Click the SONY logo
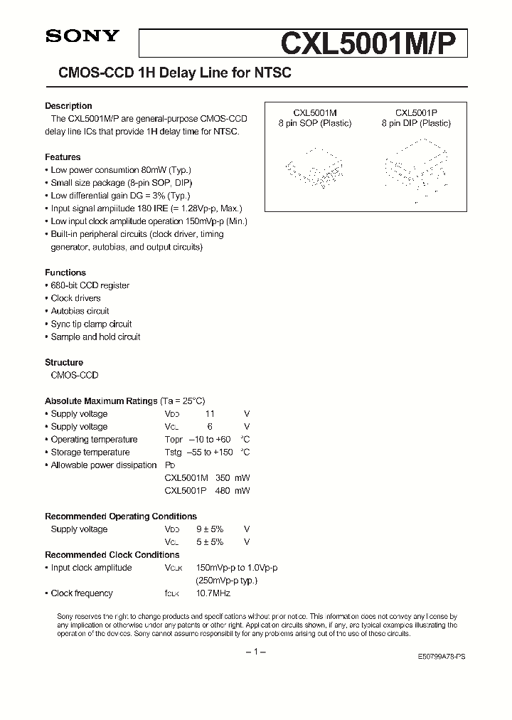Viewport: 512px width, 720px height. [82, 37]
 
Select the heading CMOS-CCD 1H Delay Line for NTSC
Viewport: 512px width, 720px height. [169, 73]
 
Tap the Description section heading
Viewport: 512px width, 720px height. [68, 106]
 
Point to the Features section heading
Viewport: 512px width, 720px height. [63, 157]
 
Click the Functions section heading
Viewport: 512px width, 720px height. [65, 272]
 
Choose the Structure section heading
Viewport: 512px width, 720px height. [64, 362]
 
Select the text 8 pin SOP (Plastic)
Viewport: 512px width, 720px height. [315, 123]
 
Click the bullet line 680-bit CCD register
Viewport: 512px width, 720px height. [90, 285]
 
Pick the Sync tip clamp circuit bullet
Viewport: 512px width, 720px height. [91, 324]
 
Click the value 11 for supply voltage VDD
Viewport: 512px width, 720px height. [209, 414]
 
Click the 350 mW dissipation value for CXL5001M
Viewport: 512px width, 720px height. [233, 478]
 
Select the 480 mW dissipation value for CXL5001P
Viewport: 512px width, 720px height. [233, 491]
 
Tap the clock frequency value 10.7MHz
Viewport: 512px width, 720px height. [213, 593]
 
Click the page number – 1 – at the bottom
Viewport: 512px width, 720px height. [255, 652]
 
